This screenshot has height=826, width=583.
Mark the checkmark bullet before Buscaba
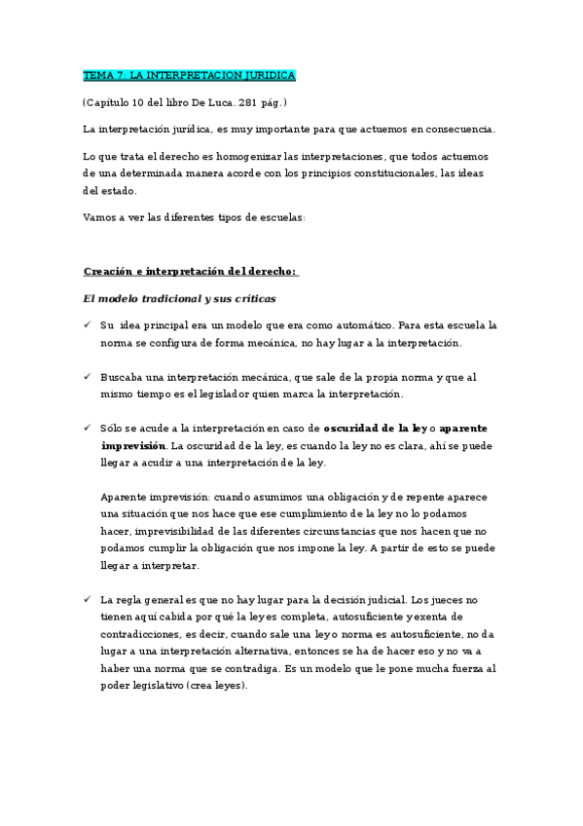coord(89,377)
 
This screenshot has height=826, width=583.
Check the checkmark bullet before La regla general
coord(89,598)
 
